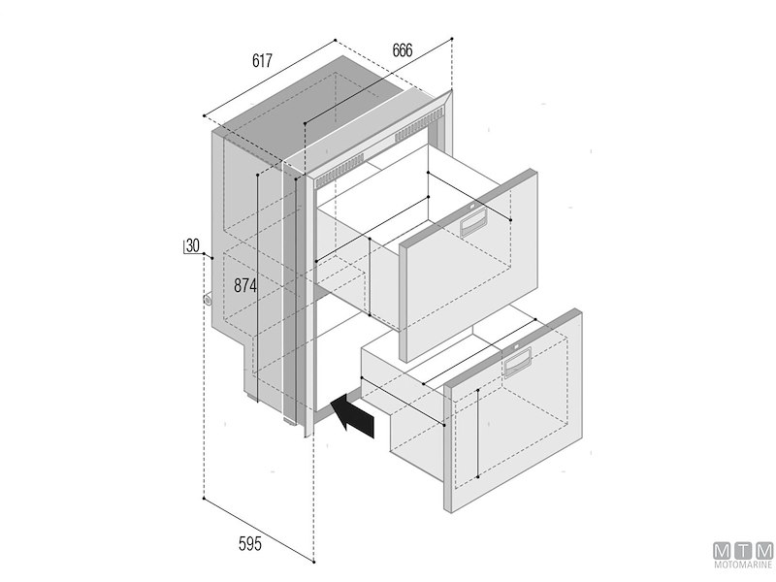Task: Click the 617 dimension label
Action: (261, 61)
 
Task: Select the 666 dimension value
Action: (406, 50)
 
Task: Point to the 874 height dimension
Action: (247, 286)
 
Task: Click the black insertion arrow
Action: (351, 417)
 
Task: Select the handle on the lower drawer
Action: (515, 366)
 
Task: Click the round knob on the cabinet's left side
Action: (209, 300)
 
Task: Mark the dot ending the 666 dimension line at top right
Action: (453, 39)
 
